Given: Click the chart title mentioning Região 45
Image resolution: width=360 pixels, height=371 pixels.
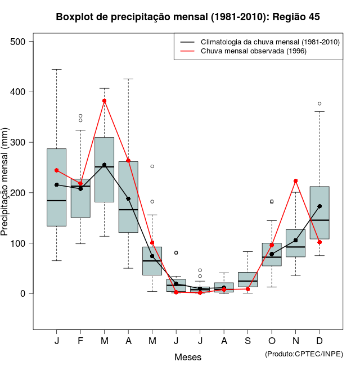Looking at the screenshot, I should pyautogui.click(x=188, y=17).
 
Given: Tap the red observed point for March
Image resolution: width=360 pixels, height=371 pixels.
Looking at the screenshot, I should pyautogui.click(x=105, y=101).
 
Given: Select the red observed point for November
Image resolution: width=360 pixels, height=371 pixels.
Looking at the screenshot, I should pyautogui.click(x=296, y=181).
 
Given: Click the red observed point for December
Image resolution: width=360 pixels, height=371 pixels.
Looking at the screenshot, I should pyautogui.click(x=319, y=242).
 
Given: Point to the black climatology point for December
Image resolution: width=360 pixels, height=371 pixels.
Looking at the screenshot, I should pyautogui.click(x=319, y=206).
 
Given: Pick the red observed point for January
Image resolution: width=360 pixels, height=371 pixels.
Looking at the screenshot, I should pyautogui.click(x=56, y=170).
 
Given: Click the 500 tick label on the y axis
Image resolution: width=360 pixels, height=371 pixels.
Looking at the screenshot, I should pyautogui.click(x=19, y=42).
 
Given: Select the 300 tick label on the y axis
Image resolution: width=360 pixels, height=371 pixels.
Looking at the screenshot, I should pyautogui.click(x=19, y=142).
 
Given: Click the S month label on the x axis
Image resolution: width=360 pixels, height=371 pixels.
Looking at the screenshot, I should pyautogui.click(x=248, y=341).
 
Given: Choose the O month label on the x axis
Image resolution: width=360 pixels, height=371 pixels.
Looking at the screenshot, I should pyautogui.click(x=272, y=341).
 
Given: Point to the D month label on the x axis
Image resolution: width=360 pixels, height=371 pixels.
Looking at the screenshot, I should pyautogui.click(x=319, y=341).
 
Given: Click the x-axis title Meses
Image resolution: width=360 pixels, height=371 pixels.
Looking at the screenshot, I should pyautogui.click(x=188, y=357).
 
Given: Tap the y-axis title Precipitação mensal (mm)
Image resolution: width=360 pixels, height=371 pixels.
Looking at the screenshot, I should pyautogui.click(x=5, y=181).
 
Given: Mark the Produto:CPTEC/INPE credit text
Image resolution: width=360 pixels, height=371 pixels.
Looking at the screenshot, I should pyautogui.click(x=304, y=354).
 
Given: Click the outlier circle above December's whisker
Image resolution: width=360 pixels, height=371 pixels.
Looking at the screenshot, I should pyautogui.click(x=319, y=103).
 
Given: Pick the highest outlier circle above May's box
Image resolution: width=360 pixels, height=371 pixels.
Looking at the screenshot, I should pyautogui.click(x=152, y=166).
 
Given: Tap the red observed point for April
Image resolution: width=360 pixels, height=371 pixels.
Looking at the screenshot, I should pyautogui.click(x=128, y=161).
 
